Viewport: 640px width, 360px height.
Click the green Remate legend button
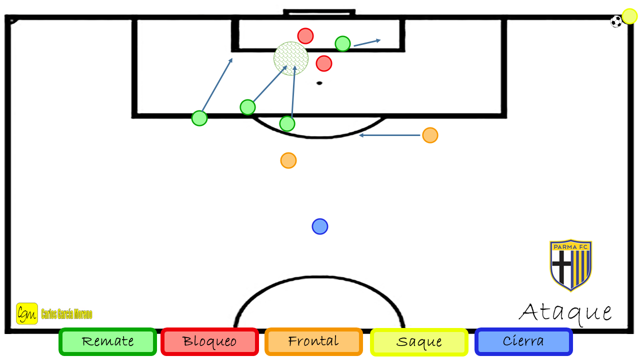[107, 341]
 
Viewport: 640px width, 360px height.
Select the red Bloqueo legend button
[209, 341]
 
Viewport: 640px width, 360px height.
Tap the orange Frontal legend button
[313, 341]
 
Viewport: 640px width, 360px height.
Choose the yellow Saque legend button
[419, 342]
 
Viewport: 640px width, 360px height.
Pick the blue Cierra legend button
[523, 341]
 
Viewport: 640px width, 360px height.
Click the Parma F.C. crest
[570, 265]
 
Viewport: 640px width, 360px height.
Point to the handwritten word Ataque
[565, 313]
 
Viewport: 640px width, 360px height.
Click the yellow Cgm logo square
[27, 313]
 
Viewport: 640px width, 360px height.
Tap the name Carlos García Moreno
[66, 314]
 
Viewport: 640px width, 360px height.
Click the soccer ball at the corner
[616, 21]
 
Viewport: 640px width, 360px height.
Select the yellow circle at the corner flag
[629, 16]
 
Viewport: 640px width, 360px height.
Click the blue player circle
[319, 226]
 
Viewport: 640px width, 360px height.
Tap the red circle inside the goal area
[305, 36]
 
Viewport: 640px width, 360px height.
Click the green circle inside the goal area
[342, 43]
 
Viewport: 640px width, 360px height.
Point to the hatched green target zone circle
[291, 58]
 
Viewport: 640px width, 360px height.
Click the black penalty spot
[319, 83]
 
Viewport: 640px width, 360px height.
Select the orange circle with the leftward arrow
[430, 135]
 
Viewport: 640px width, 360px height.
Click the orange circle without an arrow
[288, 160]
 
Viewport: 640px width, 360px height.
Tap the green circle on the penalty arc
[287, 123]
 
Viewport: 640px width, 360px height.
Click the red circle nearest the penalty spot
[323, 63]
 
